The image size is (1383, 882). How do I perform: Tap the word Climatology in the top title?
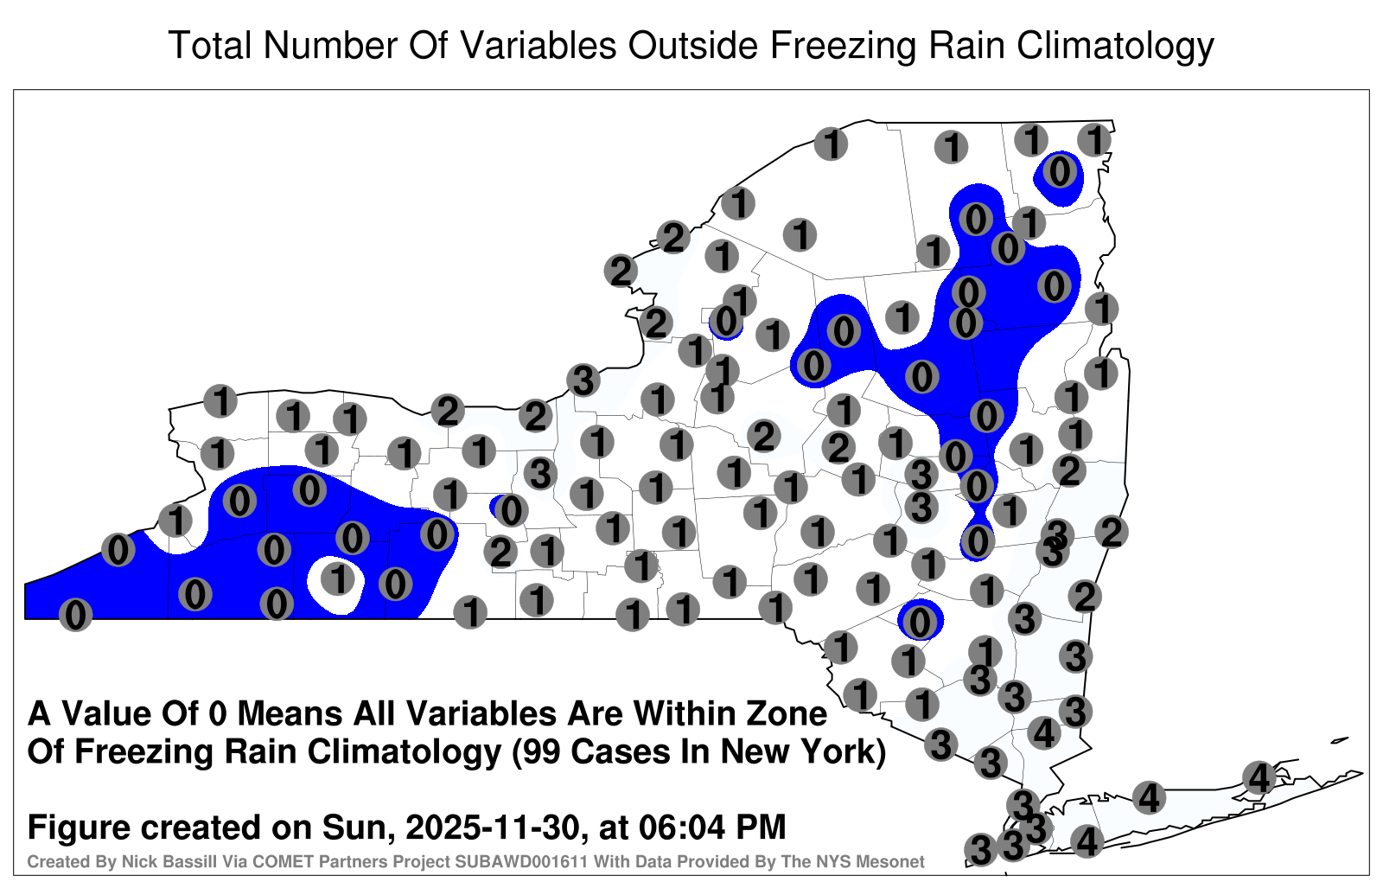(1116, 47)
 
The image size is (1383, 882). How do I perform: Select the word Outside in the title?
(693, 45)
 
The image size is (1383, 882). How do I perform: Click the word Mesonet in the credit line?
(896, 861)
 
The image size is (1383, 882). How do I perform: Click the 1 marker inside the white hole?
(338, 578)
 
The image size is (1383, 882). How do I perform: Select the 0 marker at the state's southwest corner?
(75, 615)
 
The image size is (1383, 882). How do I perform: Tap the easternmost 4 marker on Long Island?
(1259, 777)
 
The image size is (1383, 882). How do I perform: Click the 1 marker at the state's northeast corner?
(1094, 140)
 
